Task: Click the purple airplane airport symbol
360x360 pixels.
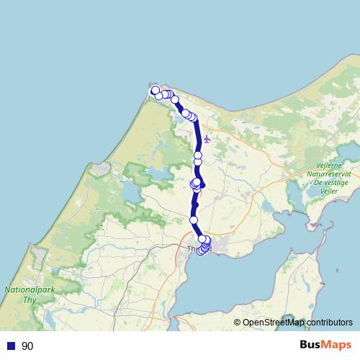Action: (207, 139)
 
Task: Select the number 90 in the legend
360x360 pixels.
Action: (27, 346)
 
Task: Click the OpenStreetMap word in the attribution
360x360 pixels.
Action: (273, 323)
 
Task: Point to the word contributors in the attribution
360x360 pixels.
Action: (328, 323)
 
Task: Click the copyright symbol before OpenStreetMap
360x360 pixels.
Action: (238, 323)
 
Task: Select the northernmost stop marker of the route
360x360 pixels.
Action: (155, 89)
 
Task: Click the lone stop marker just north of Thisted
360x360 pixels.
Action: (194, 220)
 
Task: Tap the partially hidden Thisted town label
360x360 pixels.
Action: (192, 249)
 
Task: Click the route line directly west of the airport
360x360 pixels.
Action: (197, 138)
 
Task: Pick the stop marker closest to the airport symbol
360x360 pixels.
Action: (198, 155)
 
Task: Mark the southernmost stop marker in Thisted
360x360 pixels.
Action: (202, 251)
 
